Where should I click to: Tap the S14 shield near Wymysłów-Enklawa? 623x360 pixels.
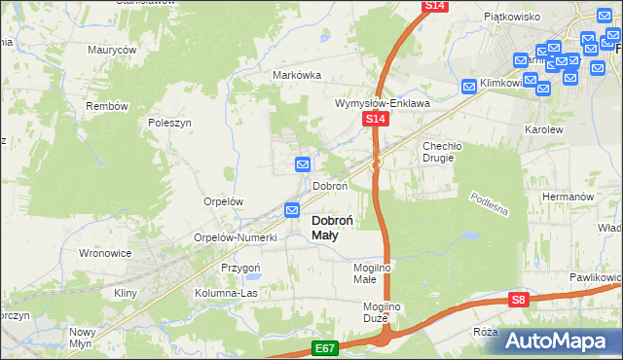click(x=377, y=119)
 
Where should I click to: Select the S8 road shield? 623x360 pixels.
click(x=520, y=301)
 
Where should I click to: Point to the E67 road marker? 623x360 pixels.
click(x=326, y=346)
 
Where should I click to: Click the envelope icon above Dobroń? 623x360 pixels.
click(x=303, y=165)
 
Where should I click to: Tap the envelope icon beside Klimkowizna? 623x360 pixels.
click(x=470, y=86)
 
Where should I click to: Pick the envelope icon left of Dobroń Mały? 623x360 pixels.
click(x=292, y=209)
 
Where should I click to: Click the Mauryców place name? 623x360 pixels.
click(x=112, y=50)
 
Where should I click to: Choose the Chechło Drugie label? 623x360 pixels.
click(x=445, y=152)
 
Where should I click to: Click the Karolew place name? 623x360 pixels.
click(x=544, y=128)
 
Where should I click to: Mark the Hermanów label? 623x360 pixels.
click(x=568, y=197)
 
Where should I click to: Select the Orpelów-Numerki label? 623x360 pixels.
click(x=237, y=237)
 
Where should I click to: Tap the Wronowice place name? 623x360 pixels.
click(x=104, y=253)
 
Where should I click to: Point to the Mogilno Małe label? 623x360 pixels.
click(x=371, y=272)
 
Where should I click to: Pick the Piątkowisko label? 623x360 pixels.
click(x=512, y=17)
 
